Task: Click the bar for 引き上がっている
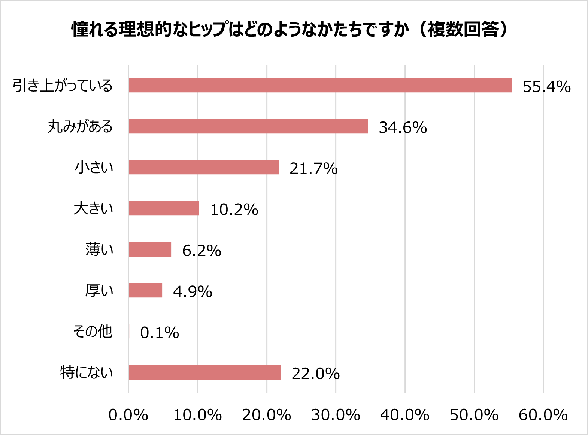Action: [320, 85]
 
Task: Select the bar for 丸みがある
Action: [248, 126]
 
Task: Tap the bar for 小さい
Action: [203, 167]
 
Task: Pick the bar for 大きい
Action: [164, 208]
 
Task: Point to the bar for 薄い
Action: [150, 249]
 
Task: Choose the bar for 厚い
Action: [145, 290]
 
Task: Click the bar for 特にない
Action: [204, 372]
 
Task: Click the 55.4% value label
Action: [546, 87]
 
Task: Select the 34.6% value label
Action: [403, 127]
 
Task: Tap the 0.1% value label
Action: [160, 333]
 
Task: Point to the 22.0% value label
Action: [315, 373]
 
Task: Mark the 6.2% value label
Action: [201, 250]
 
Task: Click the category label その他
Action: [93, 331]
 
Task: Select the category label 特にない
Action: [87, 372]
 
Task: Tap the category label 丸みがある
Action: [80, 126]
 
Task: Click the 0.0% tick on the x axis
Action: [128, 415]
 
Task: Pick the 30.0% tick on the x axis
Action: [336, 415]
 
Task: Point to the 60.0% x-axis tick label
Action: [543, 415]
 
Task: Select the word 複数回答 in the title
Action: [463, 29]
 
